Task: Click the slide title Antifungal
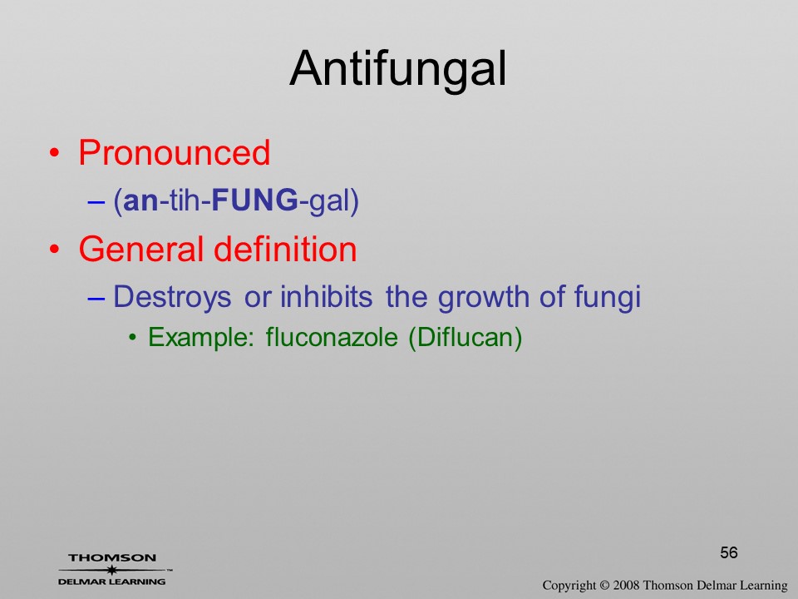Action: click(x=398, y=70)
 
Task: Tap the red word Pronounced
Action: click(x=174, y=152)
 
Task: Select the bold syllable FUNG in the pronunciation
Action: click(x=254, y=200)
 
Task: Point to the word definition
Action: click(x=285, y=249)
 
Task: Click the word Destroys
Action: click(x=172, y=297)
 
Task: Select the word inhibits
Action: click(x=326, y=296)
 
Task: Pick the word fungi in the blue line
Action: click(x=607, y=297)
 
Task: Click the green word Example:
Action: click(x=200, y=337)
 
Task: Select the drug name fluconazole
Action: click(x=332, y=337)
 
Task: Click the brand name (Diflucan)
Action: click(x=465, y=337)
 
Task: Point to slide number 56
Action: click(x=729, y=552)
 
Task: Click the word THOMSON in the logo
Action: click(x=112, y=557)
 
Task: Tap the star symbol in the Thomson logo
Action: click(x=112, y=570)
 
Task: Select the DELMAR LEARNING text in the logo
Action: click(x=112, y=582)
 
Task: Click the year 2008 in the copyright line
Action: click(x=627, y=585)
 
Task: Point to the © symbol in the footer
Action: click(x=604, y=585)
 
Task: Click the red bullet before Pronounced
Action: click(x=54, y=153)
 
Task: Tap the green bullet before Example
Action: click(x=132, y=337)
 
